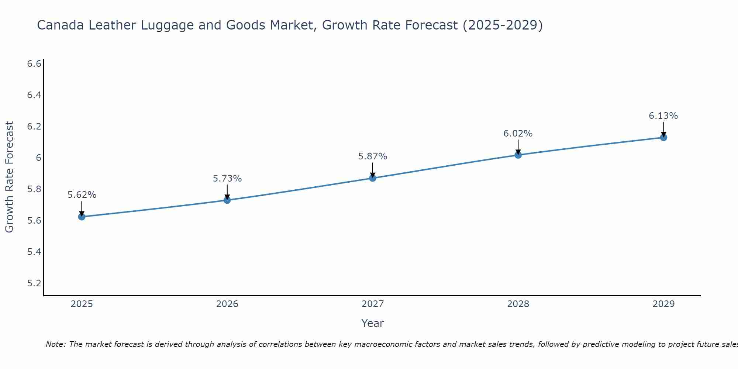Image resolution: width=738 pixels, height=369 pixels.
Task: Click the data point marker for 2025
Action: [x=82, y=217]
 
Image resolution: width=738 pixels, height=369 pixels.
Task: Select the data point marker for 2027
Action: [x=373, y=178]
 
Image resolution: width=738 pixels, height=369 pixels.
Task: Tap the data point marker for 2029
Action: [x=663, y=137]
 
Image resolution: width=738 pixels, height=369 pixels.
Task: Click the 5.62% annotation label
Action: [x=82, y=195]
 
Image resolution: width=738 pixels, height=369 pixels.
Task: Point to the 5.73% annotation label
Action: [x=227, y=179]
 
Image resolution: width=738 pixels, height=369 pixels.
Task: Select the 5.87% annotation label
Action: [x=373, y=156]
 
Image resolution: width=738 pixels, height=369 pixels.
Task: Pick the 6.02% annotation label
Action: [x=518, y=134]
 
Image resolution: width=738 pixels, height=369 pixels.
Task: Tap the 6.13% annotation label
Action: [x=663, y=116]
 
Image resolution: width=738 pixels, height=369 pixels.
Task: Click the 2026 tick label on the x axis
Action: [x=227, y=304]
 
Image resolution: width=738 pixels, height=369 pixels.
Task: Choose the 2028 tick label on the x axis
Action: [x=518, y=304]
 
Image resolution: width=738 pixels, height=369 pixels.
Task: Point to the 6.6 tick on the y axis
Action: [x=34, y=64]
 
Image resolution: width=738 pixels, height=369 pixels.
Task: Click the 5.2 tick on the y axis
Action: [x=34, y=283]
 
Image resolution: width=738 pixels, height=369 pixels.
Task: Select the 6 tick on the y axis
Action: [x=38, y=158]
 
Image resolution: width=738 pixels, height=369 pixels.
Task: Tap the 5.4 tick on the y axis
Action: [x=34, y=252]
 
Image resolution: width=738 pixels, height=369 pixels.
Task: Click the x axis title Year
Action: [x=373, y=323]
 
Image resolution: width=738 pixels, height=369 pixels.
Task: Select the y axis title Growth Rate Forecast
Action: [x=10, y=177]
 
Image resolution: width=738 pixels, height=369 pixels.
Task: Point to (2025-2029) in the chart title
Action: [x=503, y=25]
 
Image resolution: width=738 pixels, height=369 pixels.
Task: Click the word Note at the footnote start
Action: [x=55, y=344]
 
